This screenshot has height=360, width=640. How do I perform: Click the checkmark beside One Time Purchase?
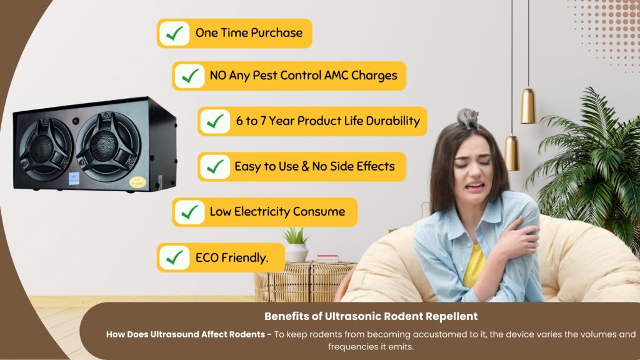click(174, 34)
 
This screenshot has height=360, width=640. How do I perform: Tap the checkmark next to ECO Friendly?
click(174, 257)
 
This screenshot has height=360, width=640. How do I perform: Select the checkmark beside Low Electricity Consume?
click(189, 212)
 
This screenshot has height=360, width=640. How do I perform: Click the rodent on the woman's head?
click(467, 118)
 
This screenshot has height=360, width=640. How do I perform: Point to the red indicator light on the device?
click(76, 121)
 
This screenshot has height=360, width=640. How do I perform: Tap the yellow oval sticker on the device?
click(137, 182)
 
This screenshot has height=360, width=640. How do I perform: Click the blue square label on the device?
click(74, 179)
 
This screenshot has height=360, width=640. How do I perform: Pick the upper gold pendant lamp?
click(527, 106)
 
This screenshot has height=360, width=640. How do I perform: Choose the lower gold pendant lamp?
click(512, 153)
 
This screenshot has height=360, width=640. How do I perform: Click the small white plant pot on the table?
click(296, 252)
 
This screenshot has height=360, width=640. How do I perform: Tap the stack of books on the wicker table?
click(327, 258)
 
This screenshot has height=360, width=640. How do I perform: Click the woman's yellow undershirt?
click(474, 265)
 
